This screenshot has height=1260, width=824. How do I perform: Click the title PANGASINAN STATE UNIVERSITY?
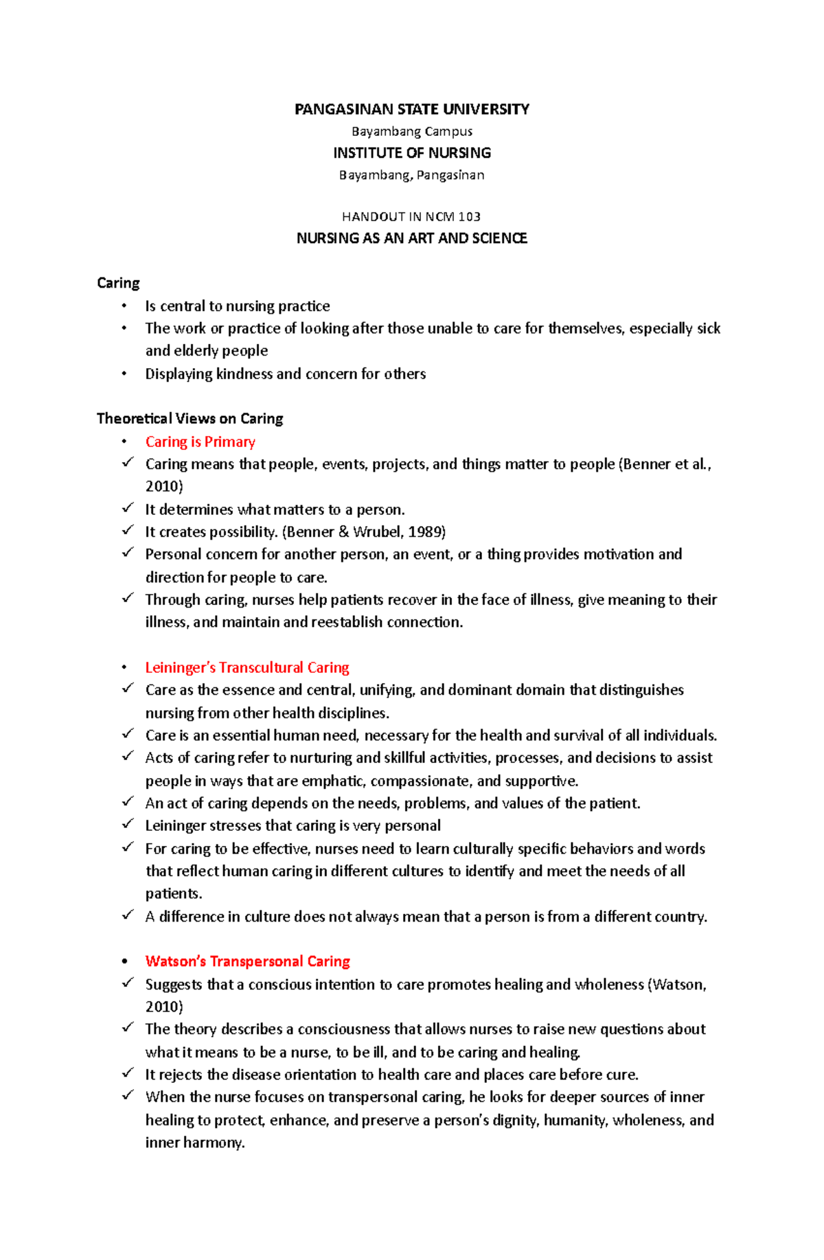tap(411, 109)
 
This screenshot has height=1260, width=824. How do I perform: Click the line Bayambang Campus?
tap(411, 131)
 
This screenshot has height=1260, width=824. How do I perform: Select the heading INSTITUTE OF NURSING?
tap(411, 152)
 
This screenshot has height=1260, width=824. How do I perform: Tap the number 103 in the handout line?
tap(470, 216)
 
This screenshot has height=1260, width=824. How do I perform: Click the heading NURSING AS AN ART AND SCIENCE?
tap(411, 238)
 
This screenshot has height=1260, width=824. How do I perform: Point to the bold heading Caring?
tap(118, 283)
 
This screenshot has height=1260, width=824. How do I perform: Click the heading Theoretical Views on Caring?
tap(190, 418)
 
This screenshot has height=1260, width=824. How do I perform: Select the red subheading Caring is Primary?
tap(200, 442)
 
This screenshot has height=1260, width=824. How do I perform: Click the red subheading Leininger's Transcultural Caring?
tap(247, 667)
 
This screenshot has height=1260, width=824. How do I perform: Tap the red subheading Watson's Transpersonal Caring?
tap(247, 961)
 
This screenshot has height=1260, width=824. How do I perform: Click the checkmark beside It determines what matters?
tap(127, 508)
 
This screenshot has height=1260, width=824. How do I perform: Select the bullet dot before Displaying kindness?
tap(124, 374)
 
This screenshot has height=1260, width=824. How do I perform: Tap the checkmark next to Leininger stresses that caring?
tap(127, 824)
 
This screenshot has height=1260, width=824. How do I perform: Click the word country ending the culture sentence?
tap(680, 917)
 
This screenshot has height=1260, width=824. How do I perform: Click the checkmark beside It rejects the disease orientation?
tap(127, 1073)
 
